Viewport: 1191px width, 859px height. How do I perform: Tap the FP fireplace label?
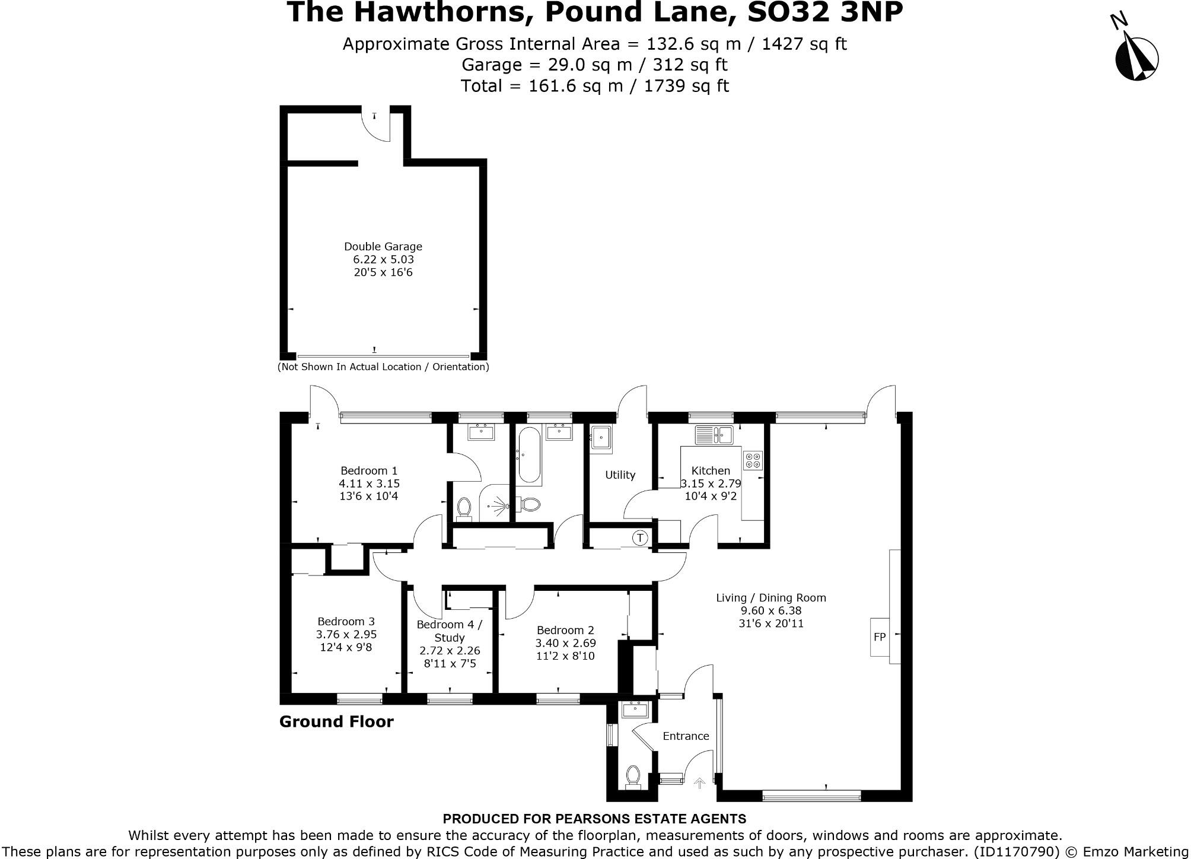880,637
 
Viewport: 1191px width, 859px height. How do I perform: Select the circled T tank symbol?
640,538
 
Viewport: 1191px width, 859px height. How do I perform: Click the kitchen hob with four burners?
753,461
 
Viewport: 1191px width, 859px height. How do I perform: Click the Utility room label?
620,475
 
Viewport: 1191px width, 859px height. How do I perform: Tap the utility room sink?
601,440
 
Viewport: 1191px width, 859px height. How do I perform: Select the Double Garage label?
383,246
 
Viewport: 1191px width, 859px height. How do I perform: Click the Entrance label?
686,736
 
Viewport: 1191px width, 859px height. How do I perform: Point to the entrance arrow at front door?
699,784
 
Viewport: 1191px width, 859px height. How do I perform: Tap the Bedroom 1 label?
369,470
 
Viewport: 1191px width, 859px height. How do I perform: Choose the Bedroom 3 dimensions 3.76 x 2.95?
346,634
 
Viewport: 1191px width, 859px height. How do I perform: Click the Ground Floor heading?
336,721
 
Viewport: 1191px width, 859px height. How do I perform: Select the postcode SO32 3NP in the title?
825,12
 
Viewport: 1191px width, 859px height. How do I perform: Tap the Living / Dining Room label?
770,597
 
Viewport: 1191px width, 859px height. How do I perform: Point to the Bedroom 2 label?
565,630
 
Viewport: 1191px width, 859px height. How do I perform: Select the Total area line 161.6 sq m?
595,86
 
